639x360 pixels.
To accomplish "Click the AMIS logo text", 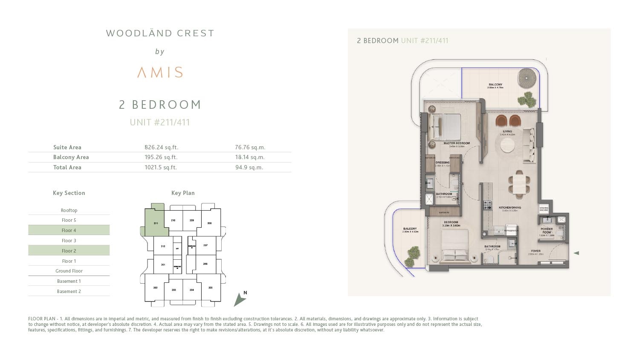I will click(x=160, y=73).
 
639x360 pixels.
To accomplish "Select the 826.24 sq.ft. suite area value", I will click(x=161, y=147).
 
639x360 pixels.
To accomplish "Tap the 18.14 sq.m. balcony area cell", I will click(x=249, y=157).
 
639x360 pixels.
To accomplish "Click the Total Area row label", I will click(x=67, y=167).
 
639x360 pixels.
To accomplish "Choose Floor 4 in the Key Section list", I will click(x=69, y=230).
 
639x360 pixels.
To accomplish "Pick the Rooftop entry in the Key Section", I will click(x=69, y=210).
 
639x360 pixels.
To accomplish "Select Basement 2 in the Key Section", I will click(x=69, y=291).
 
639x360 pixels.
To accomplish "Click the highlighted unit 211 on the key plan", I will click(x=155, y=222).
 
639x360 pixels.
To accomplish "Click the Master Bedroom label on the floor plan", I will click(x=456, y=143).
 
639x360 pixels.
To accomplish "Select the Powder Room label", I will click(x=546, y=230).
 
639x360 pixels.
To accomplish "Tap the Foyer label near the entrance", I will click(x=535, y=251).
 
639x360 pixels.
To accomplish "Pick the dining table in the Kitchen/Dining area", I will click(x=519, y=185).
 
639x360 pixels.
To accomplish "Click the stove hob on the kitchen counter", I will click(x=487, y=205).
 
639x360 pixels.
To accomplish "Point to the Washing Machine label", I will click(x=544, y=209).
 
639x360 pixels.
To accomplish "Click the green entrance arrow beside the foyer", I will click(x=576, y=253).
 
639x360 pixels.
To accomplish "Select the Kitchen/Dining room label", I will click(x=509, y=208).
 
